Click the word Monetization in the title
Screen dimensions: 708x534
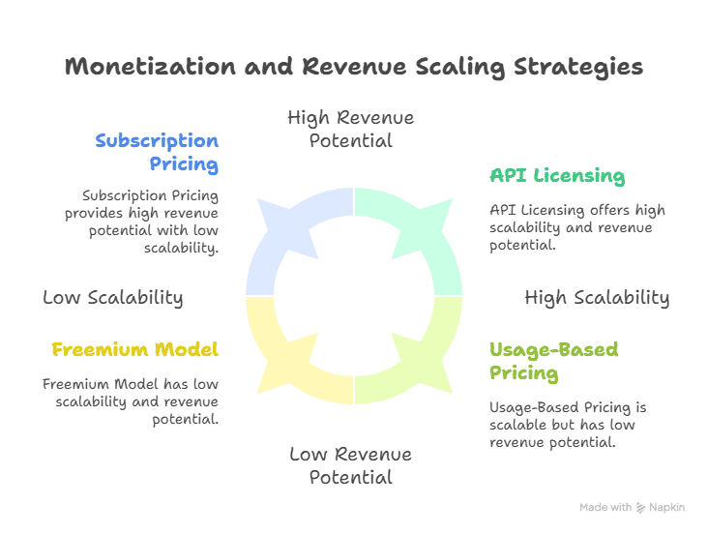coord(150,67)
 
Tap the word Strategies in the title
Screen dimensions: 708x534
coord(578,68)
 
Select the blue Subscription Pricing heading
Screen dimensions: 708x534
coord(157,152)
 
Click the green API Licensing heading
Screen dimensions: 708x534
coord(557,176)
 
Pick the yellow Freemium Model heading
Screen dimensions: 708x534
coord(135,349)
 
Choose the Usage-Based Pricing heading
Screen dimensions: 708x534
coord(554,362)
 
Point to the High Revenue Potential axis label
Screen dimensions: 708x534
coord(351,130)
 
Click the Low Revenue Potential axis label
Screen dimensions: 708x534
coord(351,465)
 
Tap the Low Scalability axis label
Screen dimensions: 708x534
coord(113,298)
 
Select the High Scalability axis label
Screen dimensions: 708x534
coord(597,298)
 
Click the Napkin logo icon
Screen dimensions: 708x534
coord(640,508)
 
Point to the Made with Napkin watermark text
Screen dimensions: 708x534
coord(633,508)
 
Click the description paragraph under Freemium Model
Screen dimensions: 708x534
coord(131,401)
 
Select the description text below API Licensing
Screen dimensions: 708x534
coord(577,227)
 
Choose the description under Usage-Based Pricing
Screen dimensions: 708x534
coord(568,425)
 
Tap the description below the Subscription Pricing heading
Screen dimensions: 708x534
coord(141,222)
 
